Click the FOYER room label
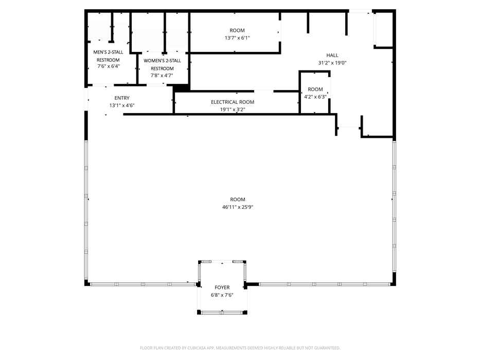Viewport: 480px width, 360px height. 222,287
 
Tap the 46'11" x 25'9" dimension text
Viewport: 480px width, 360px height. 238,207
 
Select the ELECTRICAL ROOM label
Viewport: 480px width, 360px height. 233,102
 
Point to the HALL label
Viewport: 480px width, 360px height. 332,55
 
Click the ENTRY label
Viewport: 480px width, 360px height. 122,98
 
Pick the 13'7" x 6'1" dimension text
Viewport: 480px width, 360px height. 237,38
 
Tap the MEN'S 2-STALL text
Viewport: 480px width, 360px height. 108,52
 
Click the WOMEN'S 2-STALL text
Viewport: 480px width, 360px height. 162,61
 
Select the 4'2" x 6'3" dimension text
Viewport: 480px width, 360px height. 315,97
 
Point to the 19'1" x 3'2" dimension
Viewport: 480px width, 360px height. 233,109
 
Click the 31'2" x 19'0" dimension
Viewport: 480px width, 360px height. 332,63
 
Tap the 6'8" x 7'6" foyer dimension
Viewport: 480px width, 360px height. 222,295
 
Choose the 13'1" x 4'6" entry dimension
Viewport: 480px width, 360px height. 122,105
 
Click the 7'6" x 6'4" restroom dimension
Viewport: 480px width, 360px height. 109,66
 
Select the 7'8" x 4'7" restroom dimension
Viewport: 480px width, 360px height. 162,75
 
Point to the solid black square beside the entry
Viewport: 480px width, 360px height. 181,88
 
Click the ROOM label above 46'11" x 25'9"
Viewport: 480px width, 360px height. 238,200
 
